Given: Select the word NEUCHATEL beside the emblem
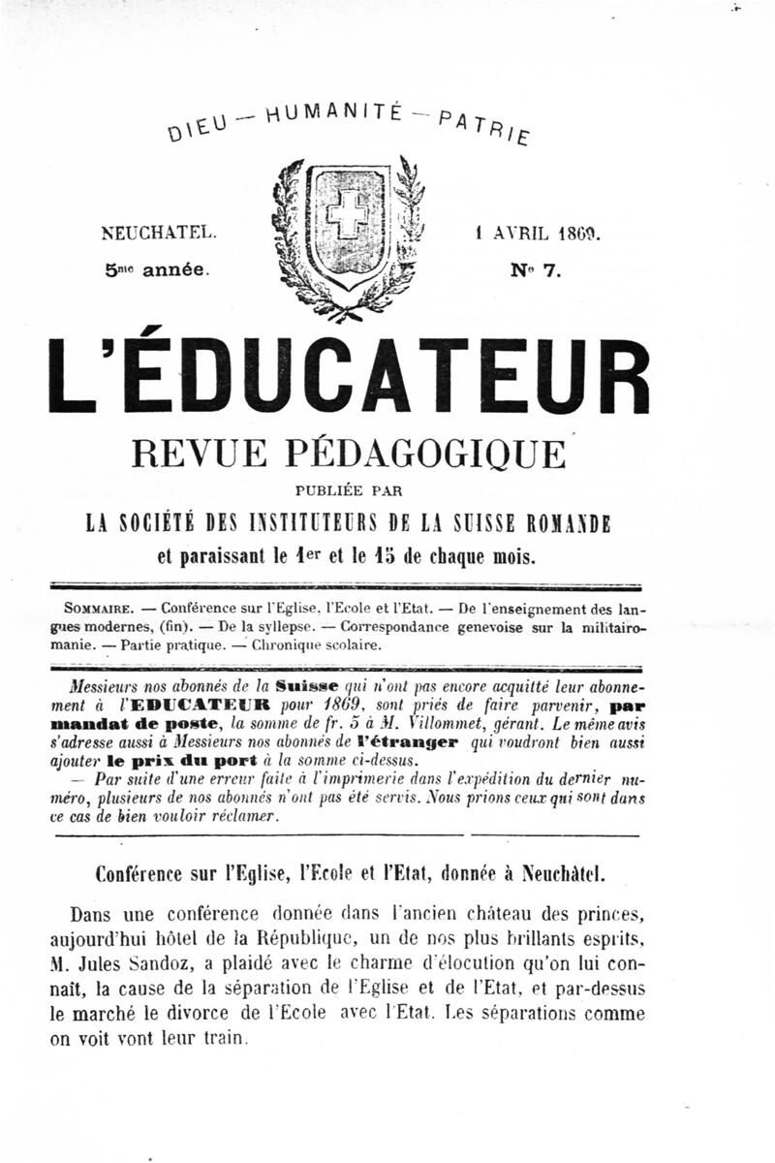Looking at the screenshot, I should coord(159,234).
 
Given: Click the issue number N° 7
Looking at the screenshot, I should coord(536,271).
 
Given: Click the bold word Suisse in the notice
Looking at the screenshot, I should coord(309,683).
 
